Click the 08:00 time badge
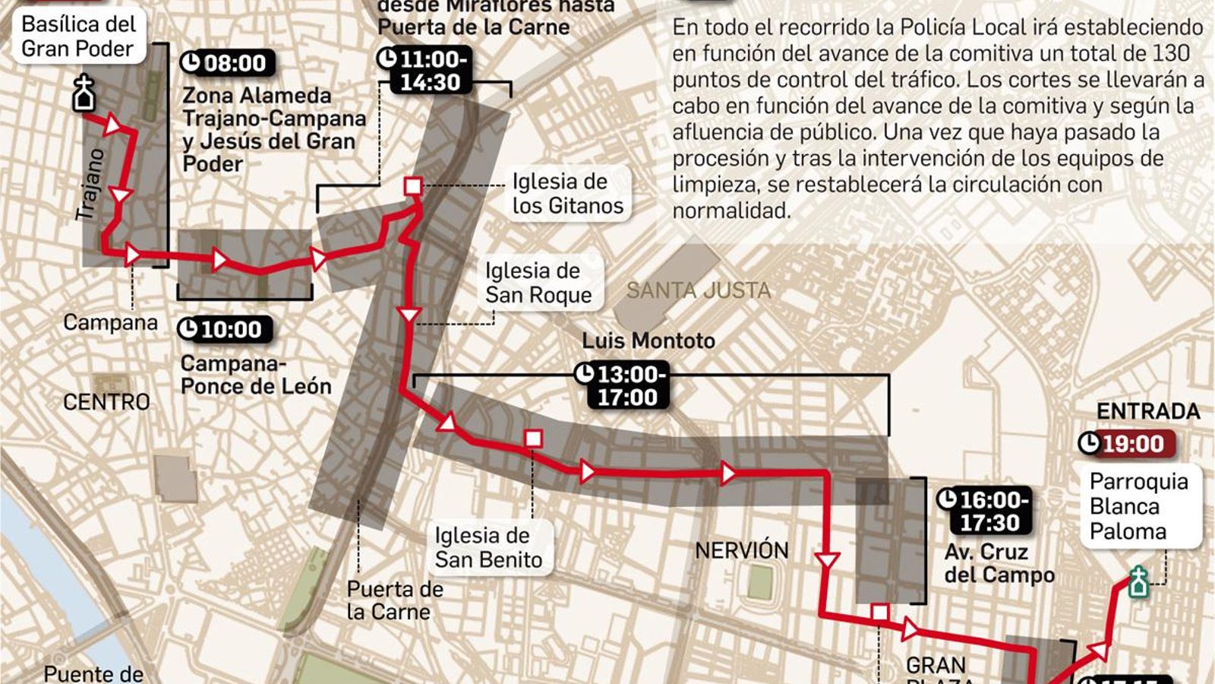coord(227,63)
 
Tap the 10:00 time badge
coord(224,330)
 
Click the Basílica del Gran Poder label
coord(78,36)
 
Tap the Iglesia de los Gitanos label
coord(567,193)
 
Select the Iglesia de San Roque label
coord(538,283)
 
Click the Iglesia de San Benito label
coord(488,547)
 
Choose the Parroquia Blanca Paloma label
coord(1138,506)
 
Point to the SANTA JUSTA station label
coord(698,290)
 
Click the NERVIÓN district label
coord(742,550)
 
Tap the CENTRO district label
coord(106,402)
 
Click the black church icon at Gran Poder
coord(84,94)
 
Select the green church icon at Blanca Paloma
coord(1138,582)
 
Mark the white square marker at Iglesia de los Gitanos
coord(413,186)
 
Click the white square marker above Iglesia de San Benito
coord(533,439)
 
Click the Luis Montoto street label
coord(649,340)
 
